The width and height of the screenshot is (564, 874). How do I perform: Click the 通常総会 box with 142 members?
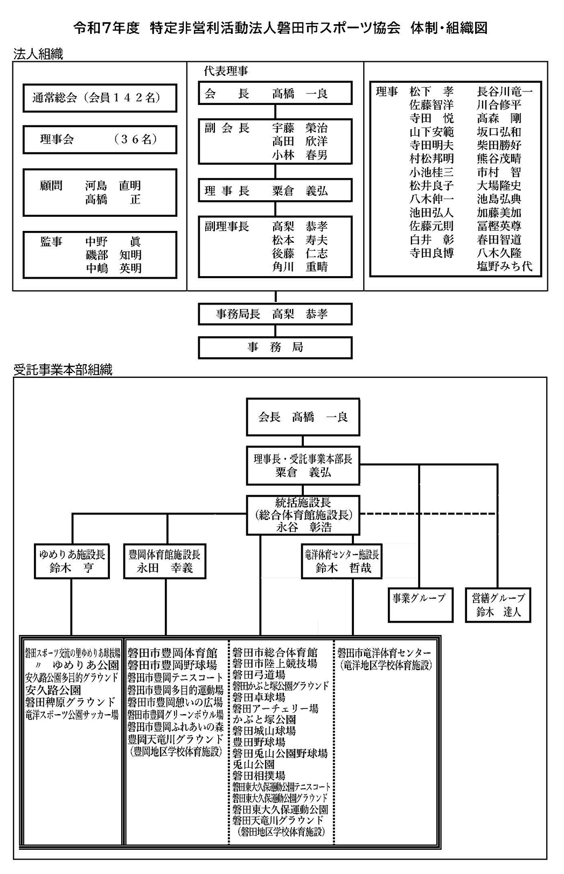pyautogui.click(x=100, y=98)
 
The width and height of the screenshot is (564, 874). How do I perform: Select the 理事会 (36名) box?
pyautogui.click(x=100, y=139)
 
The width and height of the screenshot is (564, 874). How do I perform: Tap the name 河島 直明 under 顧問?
pyautogui.click(x=113, y=186)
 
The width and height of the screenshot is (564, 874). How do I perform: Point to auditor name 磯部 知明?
pyautogui.click(x=113, y=255)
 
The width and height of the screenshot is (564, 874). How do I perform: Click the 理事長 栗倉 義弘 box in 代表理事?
pyautogui.click(x=275, y=191)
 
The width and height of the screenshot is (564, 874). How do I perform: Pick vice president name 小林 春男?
pyautogui.click(x=300, y=155)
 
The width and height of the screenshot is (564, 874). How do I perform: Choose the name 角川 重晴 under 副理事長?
pyautogui.click(x=300, y=267)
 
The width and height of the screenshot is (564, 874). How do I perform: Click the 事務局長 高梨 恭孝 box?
pyautogui.click(x=275, y=314)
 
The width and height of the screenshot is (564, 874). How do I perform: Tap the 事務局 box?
pyautogui.click(x=275, y=348)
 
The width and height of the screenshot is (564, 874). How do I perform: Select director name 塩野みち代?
pyautogui.click(x=504, y=266)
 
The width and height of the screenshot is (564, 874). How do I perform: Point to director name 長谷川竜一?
pyautogui.click(x=504, y=91)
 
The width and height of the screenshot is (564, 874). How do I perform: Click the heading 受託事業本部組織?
pyautogui.click(x=63, y=370)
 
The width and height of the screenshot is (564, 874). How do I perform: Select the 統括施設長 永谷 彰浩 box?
pyautogui.click(x=303, y=515)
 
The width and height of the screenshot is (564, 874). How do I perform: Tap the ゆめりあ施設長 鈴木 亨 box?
pyautogui.click(x=72, y=561)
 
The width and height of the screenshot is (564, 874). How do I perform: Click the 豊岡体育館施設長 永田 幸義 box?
pyautogui.click(x=164, y=561)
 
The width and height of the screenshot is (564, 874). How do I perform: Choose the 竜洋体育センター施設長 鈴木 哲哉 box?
pyautogui.click(x=342, y=561)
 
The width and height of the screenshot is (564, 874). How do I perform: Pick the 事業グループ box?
pyautogui.click(x=421, y=605)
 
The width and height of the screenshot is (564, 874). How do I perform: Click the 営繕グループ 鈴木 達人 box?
pyautogui.click(x=498, y=605)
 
